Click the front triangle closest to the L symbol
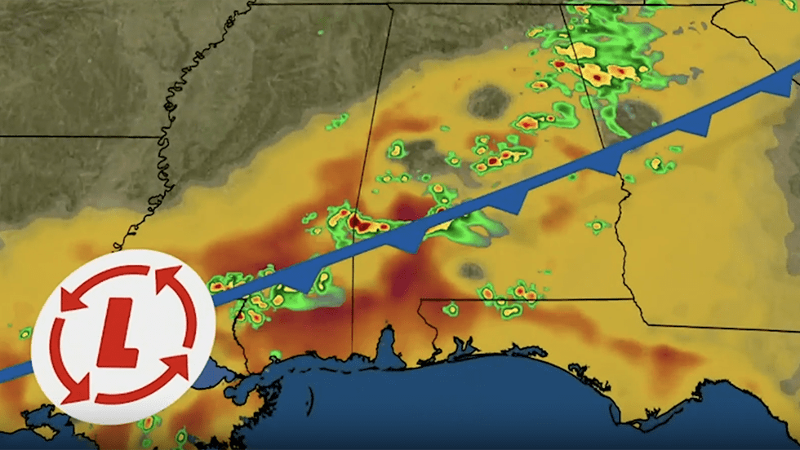pos(304,281)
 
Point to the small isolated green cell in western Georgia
pos(598,225)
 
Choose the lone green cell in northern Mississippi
pos(336,121)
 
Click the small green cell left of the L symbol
pos(24,333)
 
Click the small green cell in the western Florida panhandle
pos(451,309)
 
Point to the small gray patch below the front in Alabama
pos(471,270)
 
